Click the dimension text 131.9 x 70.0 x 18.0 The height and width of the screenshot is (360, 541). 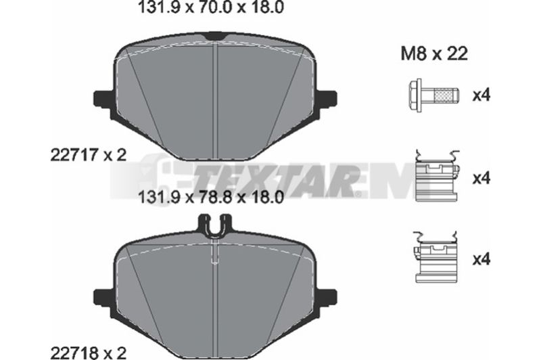(210, 7)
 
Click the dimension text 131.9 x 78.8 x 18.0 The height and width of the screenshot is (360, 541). (210, 198)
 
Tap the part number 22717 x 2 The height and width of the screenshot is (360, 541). (89, 156)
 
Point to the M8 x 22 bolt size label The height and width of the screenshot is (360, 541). (434, 54)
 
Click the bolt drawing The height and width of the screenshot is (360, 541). (433, 95)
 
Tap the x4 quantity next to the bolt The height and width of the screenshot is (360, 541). (481, 95)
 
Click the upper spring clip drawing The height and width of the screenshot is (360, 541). (438, 176)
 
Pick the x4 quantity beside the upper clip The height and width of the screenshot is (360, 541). (481, 179)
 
